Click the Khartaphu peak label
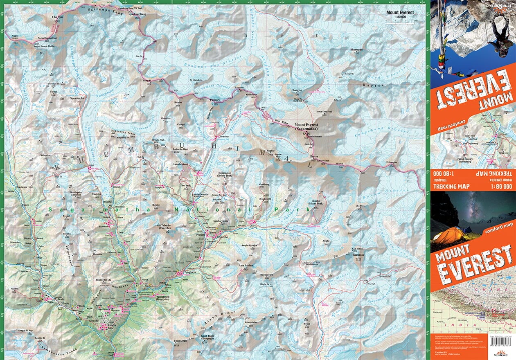[356, 50]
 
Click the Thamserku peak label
[180, 341]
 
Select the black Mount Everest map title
[400, 13]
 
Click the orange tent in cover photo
[448, 235]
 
